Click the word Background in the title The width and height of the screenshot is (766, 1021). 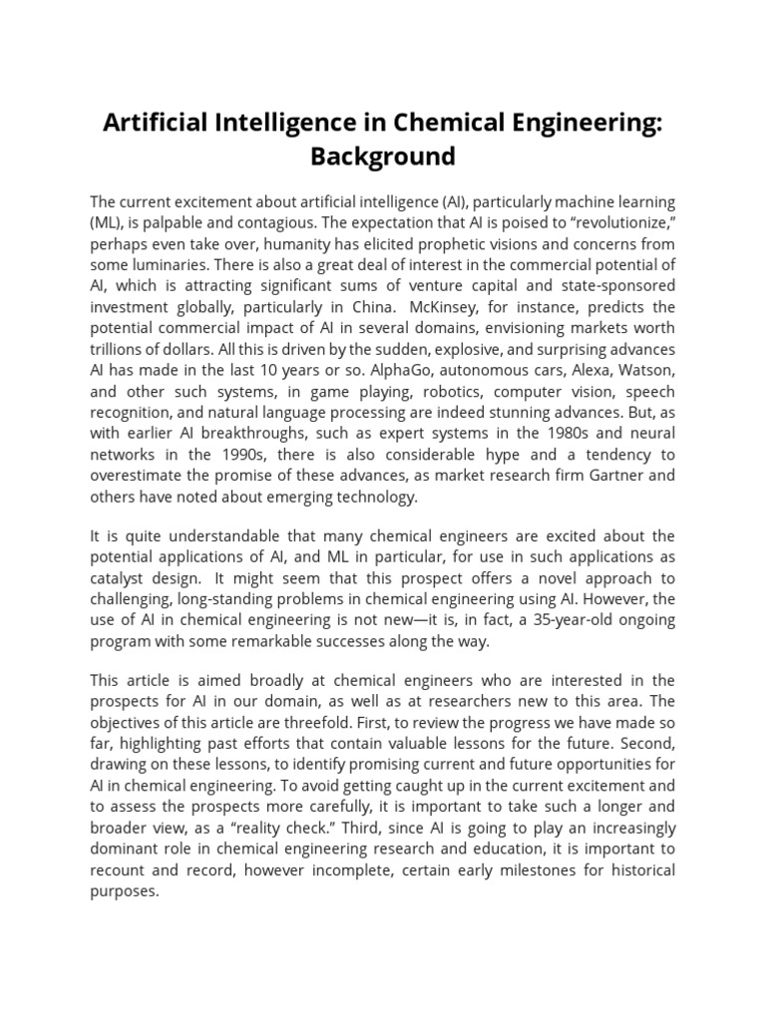(x=382, y=156)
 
